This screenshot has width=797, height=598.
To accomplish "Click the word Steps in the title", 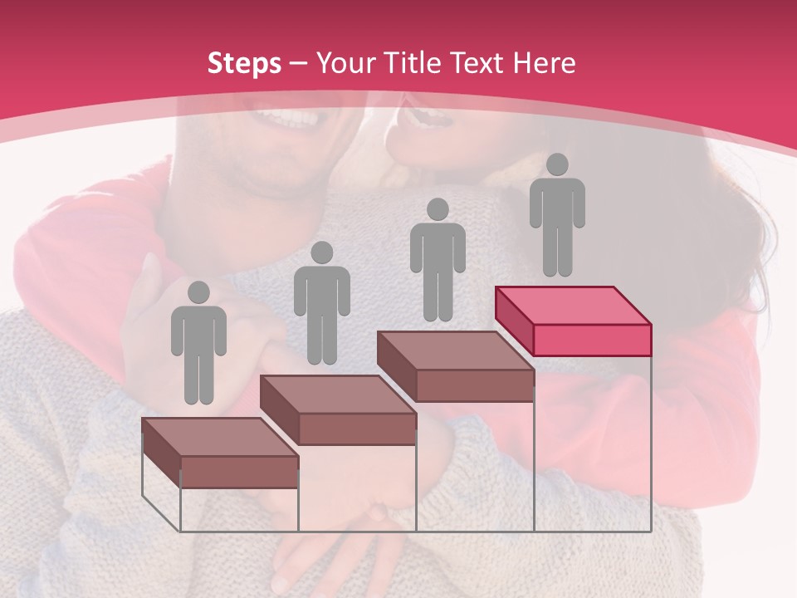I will point(244,63).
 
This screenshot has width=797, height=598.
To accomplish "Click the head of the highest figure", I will point(557,164).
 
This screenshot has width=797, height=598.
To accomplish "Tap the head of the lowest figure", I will point(198,292).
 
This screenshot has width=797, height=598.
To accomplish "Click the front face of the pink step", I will point(592,340).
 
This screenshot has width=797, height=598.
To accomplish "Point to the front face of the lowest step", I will point(239,472).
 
